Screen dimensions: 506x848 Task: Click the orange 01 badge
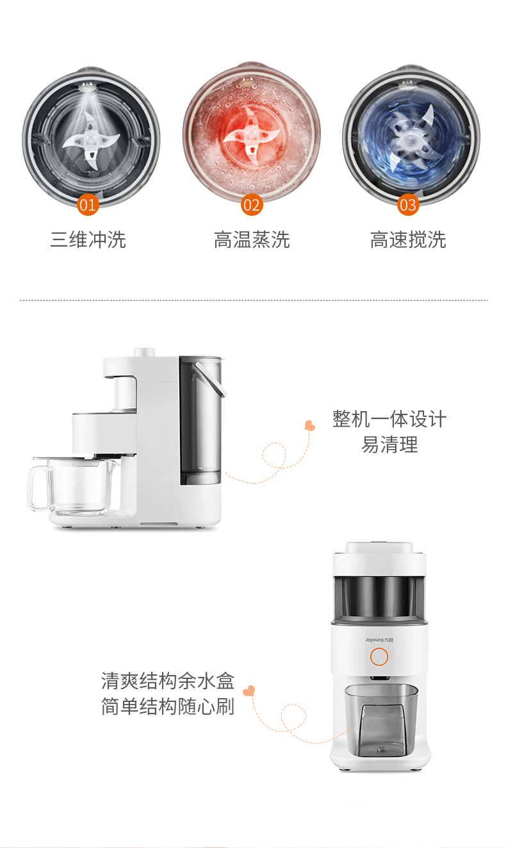[87, 205]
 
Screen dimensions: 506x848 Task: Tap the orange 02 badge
[252, 205]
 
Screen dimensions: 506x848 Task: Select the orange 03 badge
[408, 205]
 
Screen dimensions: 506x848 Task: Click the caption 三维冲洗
[88, 240]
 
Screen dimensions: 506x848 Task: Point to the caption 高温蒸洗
[252, 240]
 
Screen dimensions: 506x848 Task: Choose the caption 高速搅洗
[408, 240]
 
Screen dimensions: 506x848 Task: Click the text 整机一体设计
[389, 419]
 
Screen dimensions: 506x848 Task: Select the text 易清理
[389, 444]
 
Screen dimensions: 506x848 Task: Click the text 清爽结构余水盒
[168, 681]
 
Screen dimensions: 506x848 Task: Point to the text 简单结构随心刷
[168, 706]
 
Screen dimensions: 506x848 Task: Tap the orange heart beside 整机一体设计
[309, 425]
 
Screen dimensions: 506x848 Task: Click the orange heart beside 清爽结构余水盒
[249, 691]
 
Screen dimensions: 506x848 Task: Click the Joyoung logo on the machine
[379, 640]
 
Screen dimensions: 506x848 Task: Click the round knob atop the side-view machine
[145, 352]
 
